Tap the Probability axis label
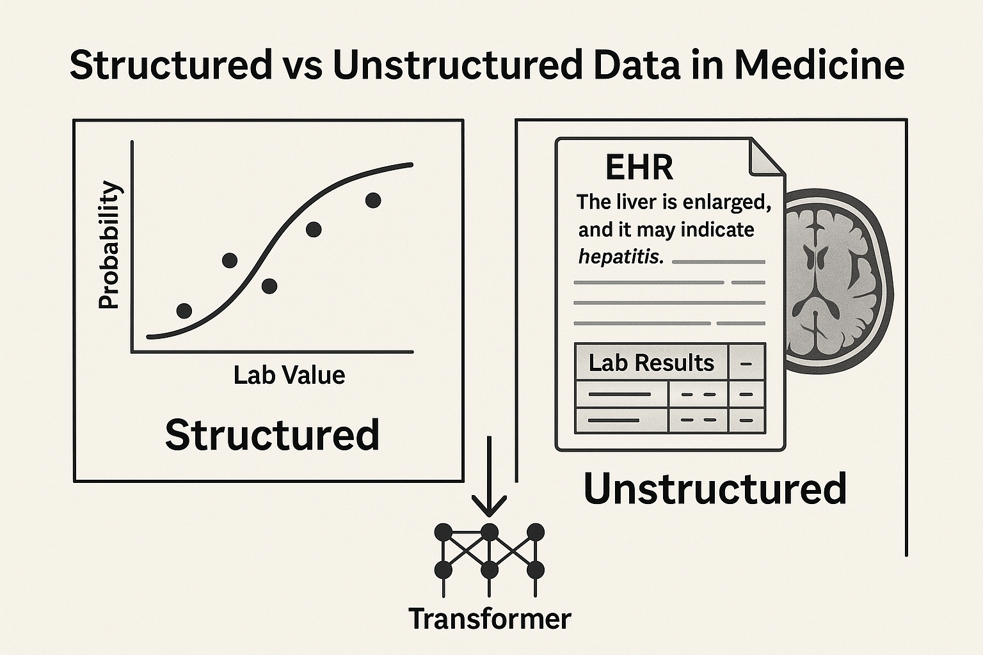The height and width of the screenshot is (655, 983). (x=109, y=245)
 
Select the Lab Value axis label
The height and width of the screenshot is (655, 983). (x=289, y=375)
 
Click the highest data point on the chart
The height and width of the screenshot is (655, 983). (x=373, y=200)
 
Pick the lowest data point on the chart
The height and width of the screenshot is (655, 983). (x=184, y=311)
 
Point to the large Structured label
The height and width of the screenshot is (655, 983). (x=272, y=435)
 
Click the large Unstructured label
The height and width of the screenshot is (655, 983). (x=715, y=489)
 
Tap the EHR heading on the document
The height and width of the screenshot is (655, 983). (x=639, y=168)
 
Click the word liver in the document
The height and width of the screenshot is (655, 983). (x=641, y=202)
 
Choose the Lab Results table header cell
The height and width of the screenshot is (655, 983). (x=651, y=363)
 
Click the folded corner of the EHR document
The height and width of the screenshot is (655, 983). (x=767, y=157)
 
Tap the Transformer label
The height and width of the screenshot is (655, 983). (x=490, y=619)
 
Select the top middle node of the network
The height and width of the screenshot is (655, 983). (x=490, y=532)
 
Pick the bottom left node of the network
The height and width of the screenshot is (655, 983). (x=443, y=569)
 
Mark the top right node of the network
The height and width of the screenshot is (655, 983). (x=536, y=532)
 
